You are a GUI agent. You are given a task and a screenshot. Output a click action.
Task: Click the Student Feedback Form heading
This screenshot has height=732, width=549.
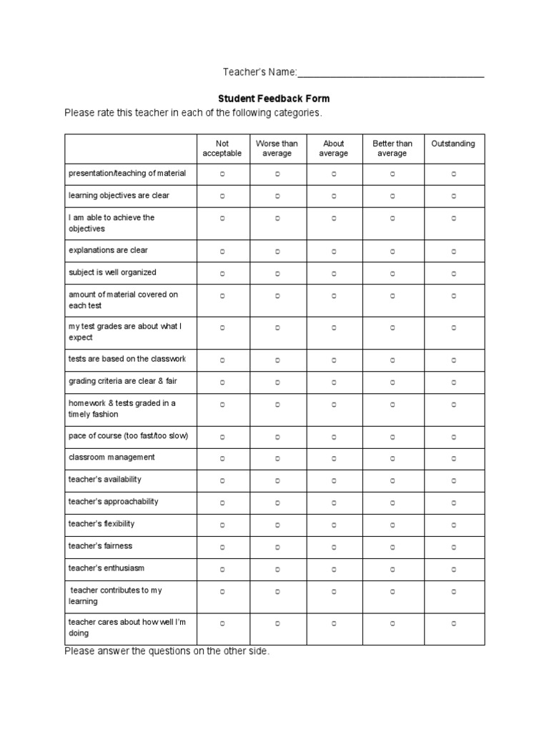point(274,99)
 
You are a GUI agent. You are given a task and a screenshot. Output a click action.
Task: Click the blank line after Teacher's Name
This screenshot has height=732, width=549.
point(390,74)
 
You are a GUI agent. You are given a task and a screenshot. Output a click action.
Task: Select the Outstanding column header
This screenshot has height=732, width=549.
point(453,144)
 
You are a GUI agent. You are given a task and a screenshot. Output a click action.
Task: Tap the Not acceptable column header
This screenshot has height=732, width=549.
point(222,149)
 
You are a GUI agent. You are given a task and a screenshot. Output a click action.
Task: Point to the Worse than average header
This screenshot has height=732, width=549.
point(277,149)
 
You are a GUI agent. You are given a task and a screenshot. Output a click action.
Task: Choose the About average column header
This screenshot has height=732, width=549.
point(334,149)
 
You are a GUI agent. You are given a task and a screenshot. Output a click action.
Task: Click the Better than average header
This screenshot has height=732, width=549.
point(392,149)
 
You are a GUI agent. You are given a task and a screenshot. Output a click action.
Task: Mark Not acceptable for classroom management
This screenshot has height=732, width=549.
point(222,459)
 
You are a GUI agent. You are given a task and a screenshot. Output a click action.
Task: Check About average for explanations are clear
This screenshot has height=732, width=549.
point(334,252)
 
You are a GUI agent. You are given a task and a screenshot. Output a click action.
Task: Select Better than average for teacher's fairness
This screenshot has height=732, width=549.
point(392,548)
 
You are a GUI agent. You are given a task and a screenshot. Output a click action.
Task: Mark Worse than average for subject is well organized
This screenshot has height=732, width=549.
point(277,274)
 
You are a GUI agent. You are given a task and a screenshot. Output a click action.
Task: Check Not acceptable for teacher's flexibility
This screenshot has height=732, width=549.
point(222,525)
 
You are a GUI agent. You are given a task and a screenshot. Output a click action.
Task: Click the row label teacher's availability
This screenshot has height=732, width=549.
point(105,480)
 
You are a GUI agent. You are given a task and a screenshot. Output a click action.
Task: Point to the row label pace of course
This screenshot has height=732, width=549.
point(128,436)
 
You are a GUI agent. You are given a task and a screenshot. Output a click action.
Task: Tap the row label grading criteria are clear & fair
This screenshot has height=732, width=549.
point(122,381)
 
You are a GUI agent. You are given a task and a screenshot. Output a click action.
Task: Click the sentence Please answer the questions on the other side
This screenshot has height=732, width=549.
point(167,651)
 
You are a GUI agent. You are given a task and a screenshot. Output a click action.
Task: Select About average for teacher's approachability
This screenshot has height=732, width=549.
point(334,503)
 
